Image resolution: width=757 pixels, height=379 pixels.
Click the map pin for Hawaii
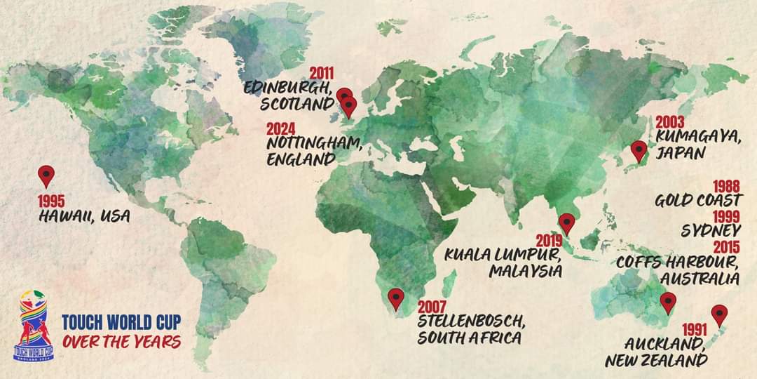[x=46, y=175]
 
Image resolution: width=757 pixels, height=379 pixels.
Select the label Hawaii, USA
[x=84, y=216]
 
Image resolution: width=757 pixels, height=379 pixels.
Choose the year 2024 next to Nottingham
[x=280, y=129]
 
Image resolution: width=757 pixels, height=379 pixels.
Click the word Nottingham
[x=315, y=144]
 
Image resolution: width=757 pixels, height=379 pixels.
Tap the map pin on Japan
[x=639, y=150]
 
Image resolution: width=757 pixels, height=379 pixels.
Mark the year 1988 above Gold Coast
[x=727, y=186]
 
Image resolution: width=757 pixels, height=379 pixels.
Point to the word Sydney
[x=711, y=231]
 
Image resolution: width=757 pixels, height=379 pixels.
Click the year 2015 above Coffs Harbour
[x=727, y=247]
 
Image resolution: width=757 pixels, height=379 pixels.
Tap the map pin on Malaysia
[x=568, y=222]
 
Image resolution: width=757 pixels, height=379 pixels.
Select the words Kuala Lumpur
[x=503, y=255]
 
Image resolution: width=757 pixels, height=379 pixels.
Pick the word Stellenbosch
[x=471, y=322]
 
